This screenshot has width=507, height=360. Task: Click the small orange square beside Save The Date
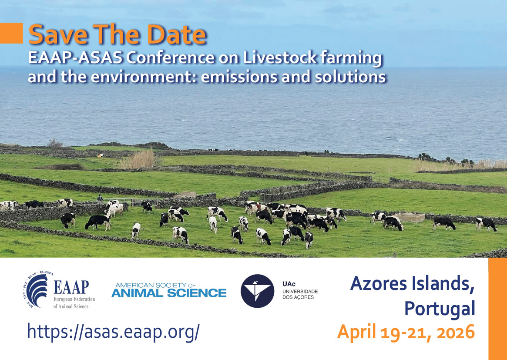(11, 33)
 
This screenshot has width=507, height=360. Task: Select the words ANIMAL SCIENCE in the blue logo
(169, 293)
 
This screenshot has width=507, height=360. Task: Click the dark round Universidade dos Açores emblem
(257, 291)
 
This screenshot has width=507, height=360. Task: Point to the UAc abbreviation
(289, 284)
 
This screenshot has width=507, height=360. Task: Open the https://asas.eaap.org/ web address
(113, 332)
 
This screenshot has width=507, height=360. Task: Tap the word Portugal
(440, 309)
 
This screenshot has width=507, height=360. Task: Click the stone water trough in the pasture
(409, 217)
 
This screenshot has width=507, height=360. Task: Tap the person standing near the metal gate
(100, 198)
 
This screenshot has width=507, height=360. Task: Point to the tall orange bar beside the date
(497, 309)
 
